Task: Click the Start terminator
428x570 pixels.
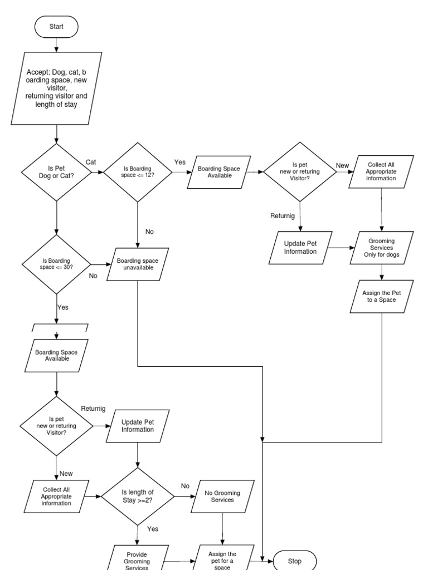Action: (x=56, y=26)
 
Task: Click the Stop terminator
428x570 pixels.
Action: (x=294, y=561)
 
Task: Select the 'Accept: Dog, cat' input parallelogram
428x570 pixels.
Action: (x=56, y=89)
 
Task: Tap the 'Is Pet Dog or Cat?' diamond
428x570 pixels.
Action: (x=56, y=172)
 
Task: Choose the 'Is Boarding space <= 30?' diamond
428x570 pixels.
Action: (x=56, y=264)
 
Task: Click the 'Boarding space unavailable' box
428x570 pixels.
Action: (x=137, y=264)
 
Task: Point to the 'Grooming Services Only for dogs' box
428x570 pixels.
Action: (x=381, y=248)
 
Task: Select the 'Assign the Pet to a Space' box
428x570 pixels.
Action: (x=381, y=296)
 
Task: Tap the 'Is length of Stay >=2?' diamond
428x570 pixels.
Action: (x=137, y=496)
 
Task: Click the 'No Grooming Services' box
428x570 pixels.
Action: (x=223, y=496)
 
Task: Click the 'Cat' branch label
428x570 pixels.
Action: (x=91, y=162)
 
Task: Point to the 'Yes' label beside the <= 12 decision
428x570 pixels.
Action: (x=179, y=162)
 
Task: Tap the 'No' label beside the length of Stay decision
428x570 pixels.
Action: (x=185, y=486)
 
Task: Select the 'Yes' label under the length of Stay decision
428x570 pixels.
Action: (x=153, y=529)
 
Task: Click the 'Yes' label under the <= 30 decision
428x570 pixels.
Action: (x=62, y=307)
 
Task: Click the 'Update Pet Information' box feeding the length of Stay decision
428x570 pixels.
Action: (x=137, y=425)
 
